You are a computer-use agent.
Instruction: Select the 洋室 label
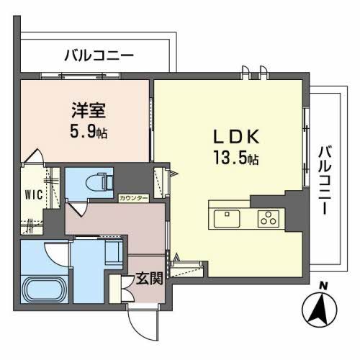point(86,112)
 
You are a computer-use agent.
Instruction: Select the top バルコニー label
point(99,54)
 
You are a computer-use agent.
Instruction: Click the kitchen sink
point(228,217)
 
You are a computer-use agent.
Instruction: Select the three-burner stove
point(268,217)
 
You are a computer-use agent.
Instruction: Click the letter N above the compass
point(323,287)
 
